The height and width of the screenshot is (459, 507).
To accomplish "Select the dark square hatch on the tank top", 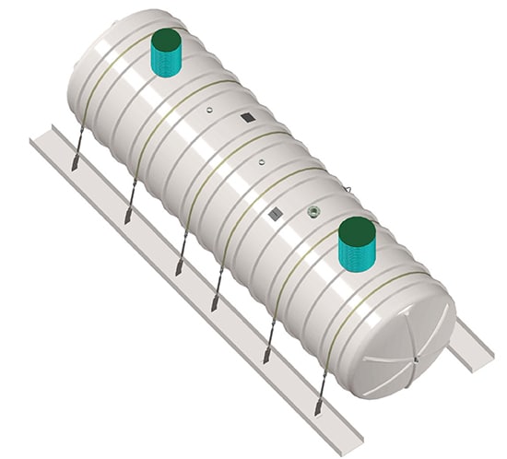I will [x=247, y=118].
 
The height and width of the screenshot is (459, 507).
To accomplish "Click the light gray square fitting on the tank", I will [x=274, y=214].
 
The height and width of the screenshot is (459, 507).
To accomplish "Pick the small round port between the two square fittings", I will [x=261, y=162].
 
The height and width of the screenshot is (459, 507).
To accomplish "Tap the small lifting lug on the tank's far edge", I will [x=349, y=190].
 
